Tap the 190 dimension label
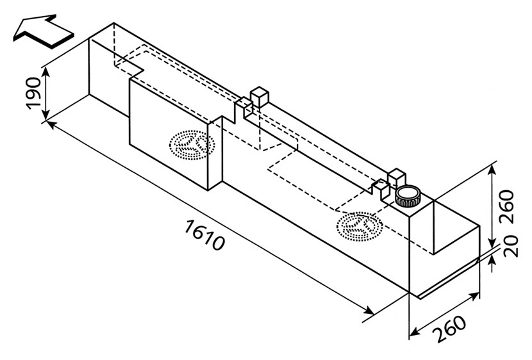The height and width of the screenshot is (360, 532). click(33, 93)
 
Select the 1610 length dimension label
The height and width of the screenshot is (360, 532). click(204, 235)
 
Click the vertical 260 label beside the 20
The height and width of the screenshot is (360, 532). click(507, 207)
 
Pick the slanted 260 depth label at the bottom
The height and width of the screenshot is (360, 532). click(450, 329)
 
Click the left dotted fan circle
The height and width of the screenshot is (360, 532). click(192, 145)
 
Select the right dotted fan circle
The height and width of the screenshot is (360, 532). click(360, 226)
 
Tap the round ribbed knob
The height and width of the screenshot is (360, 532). click(408, 196)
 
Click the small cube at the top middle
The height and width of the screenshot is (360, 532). click(259, 97)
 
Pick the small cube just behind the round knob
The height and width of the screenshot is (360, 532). click(397, 177)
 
